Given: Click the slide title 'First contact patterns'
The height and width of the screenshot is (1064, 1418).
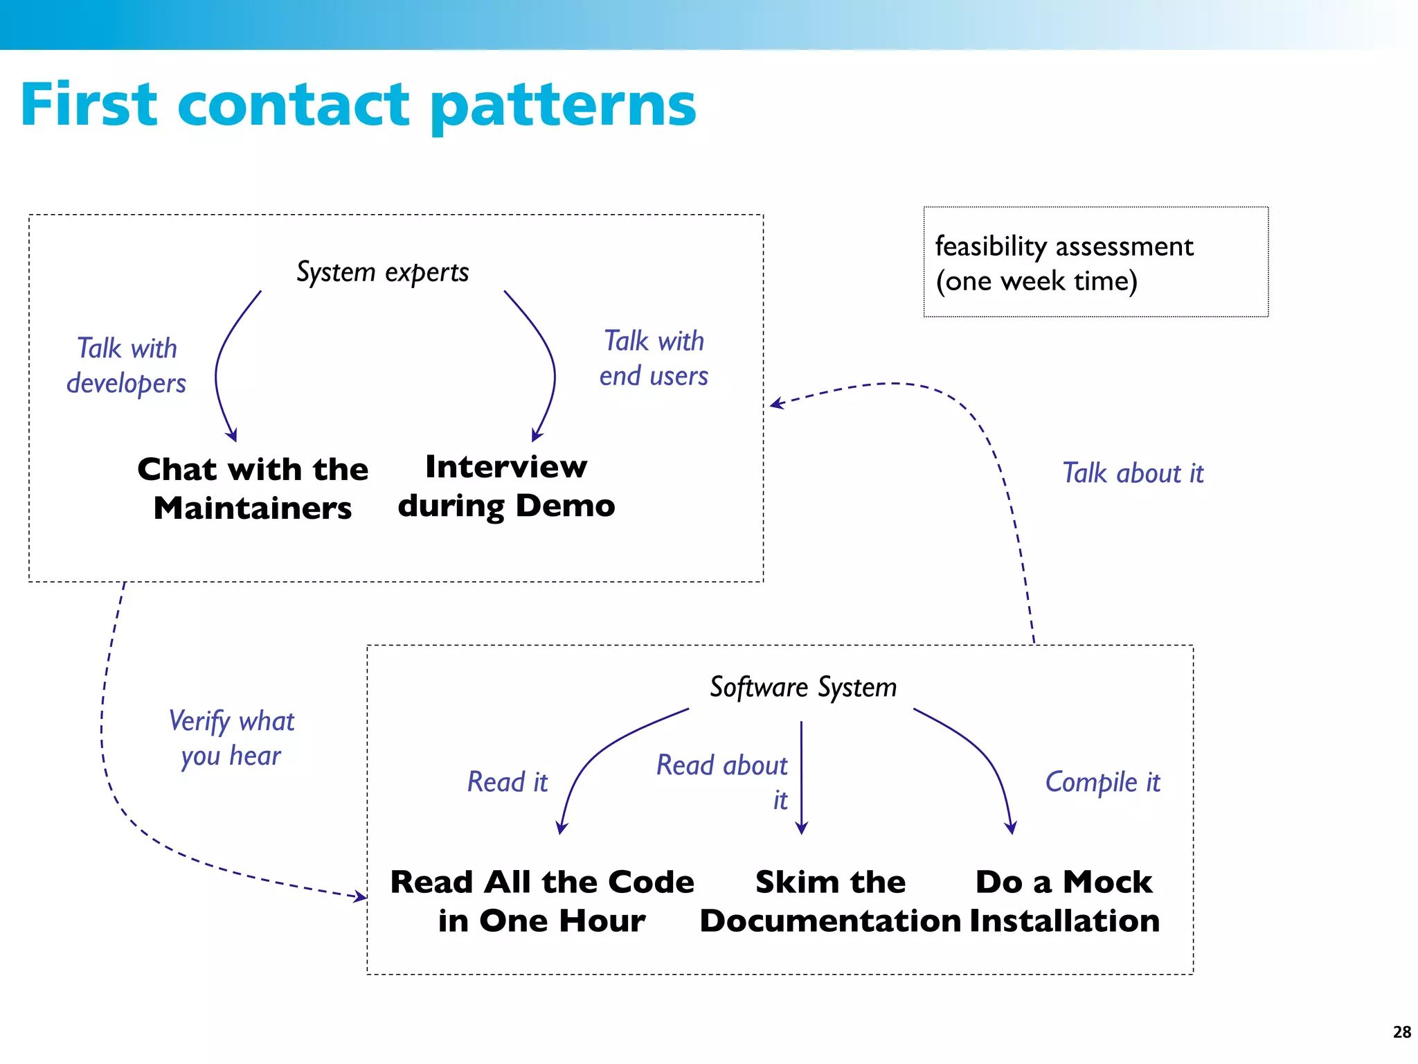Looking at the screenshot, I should tap(358, 105).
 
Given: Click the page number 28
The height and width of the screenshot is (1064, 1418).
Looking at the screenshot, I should tap(1401, 1032).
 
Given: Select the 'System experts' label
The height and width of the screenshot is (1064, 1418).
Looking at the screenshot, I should tap(382, 272).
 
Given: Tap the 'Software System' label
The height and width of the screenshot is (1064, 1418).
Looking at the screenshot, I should tap(803, 687).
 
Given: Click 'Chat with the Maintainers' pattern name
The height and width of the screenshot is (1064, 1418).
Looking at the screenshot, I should tap(253, 488).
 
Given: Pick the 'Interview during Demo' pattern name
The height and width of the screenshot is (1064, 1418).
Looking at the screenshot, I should tap(506, 486).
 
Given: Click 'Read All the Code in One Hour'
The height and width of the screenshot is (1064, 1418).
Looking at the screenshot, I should tap(542, 901).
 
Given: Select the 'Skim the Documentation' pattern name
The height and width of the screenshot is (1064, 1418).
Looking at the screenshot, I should tap(830, 901).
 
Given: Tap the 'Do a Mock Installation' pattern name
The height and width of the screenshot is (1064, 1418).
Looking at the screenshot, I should tap(1064, 901).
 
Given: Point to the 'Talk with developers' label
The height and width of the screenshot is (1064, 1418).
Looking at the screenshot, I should tap(127, 366).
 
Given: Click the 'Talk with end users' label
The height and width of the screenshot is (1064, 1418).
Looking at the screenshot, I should tap(654, 359).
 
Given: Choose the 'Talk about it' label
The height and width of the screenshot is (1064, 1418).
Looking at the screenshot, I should tap(1133, 474).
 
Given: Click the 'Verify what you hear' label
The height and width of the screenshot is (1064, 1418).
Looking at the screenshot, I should tap(231, 738).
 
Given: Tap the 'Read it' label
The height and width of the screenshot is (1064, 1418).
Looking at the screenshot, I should tap(507, 782).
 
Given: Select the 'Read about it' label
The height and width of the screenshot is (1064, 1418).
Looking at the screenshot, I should tap(722, 781).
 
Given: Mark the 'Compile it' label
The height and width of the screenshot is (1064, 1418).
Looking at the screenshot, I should tap(1102, 782).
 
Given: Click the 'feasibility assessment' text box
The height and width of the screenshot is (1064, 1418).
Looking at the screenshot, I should tap(1095, 263).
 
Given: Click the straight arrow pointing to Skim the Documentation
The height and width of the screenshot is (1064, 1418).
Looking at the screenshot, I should tap(801, 776).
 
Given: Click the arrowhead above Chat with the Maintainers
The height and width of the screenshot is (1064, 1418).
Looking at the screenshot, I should tap(232, 435).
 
